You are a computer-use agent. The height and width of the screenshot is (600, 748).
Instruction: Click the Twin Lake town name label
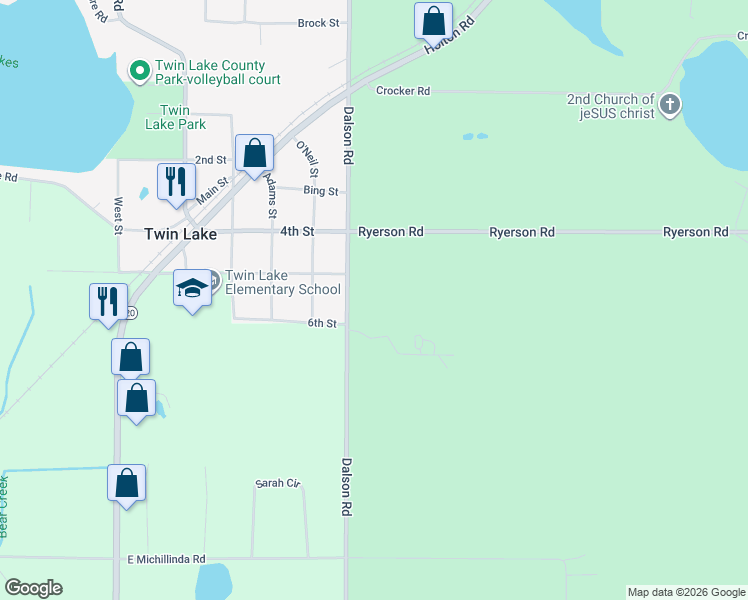pyautogui.click(x=180, y=233)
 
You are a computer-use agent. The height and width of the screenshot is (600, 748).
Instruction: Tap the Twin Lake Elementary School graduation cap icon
pyautogui.click(x=193, y=289)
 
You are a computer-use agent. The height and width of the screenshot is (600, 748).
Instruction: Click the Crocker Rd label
pyautogui.click(x=403, y=91)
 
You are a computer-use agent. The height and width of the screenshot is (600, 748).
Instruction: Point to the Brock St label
pyautogui.click(x=319, y=22)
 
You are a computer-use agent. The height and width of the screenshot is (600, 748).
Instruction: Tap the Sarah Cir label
pyautogui.click(x=278, y=483)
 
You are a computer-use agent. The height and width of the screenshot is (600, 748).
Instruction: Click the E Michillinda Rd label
pyautogui.click(x=166, y=559)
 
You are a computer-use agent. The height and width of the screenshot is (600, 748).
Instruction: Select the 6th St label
pyautogui.click(x=322, y=323)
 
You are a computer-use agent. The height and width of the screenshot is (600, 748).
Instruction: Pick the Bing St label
pyautogui.click(x=322, y=191)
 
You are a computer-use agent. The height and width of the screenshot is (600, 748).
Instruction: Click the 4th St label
pyautogui.click(x=297, y=232)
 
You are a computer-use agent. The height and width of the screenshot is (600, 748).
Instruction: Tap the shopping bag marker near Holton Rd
pyautogui.click(x=434, y=20)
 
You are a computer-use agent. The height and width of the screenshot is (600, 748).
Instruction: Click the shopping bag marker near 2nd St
pyautogui.click(x=255, y=154)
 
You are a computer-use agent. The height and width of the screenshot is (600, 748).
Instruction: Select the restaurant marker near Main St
pyautogui.click(x=176, y=182)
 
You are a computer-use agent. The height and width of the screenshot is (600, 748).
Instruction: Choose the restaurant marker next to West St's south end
pyautogui.click(x=108, y=301)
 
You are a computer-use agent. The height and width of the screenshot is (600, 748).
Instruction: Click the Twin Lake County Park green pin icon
pyautogui.click(x=139, y=70)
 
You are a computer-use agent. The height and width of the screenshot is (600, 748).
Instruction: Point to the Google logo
pyautogui.click(x=33, y=588)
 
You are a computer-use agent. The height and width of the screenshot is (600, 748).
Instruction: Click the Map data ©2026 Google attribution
pyautogui.click(x=687, y=592)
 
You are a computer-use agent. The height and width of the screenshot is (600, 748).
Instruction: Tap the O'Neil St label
pyautogui.click(x=307, y=159)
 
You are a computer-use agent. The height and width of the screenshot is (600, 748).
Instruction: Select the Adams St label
pyautogui.click(x=270, y=196)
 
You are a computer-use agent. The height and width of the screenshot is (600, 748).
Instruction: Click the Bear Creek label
pyautogui.click(x=4, y=505)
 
